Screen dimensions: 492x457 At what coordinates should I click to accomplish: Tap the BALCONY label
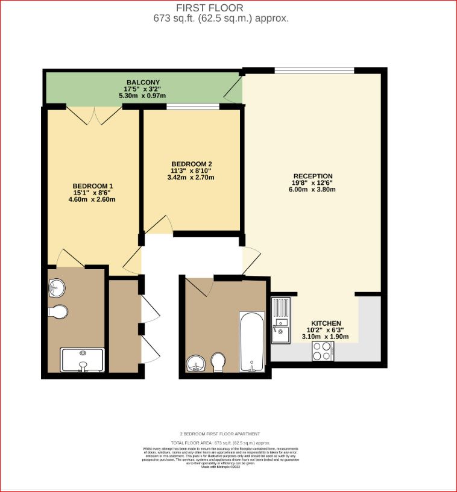(143, 82)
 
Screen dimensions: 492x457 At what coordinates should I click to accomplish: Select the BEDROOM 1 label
(93, 185)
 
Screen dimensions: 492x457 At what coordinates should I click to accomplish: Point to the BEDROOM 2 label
(191, 164)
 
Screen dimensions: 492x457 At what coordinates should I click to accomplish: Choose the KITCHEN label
(326, 323)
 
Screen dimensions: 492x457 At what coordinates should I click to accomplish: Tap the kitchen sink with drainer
(281, 319)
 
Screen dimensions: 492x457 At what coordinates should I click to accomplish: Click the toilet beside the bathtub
(218, 362)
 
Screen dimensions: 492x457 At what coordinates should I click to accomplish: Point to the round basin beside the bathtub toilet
(196, 364)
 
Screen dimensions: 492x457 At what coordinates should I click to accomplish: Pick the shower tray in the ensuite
(83, 360)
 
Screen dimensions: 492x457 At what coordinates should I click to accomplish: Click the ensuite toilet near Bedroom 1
(58, 312)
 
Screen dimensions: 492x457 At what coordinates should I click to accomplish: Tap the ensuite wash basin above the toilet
(56, 288)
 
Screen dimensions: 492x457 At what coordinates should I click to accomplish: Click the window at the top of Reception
(314, 70)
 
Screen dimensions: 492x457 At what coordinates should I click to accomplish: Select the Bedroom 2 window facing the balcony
(193, 107)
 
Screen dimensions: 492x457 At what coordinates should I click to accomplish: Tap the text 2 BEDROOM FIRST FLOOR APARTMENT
(220, 434)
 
